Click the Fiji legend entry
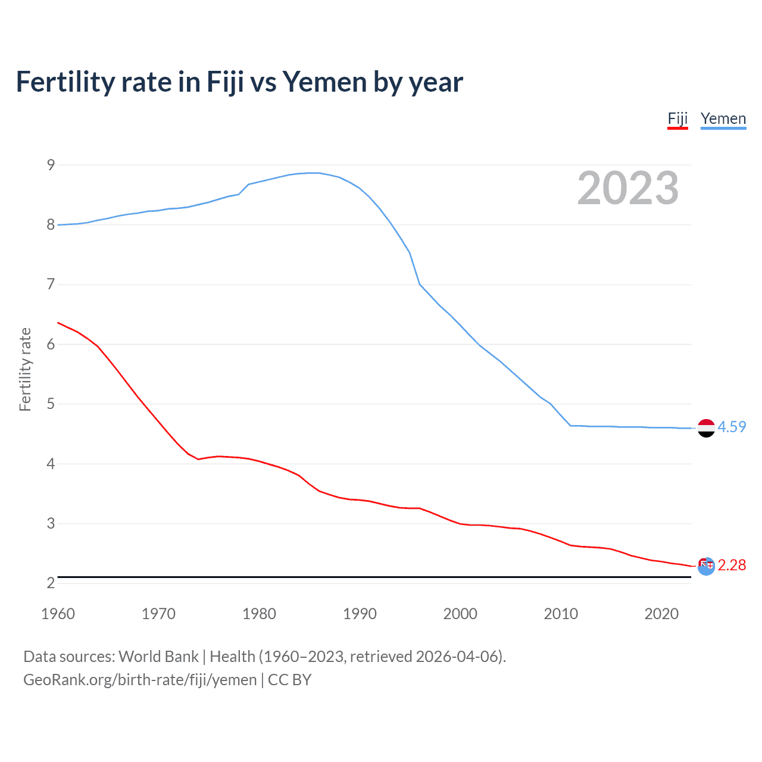pos(677,119)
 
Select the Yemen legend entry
pos(723,119)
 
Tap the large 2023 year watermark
pos(628,188)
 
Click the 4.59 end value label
pos(732,427)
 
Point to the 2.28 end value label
pos(732,565)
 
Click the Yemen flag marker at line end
pos(706,428)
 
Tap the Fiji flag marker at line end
pos(706,566)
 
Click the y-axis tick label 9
pos(51,165)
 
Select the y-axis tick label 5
pos(51,404)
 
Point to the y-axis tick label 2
pos(51,583)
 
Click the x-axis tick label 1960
pos(58,614)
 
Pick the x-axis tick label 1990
pos(360,614)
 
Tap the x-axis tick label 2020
pos(661,614)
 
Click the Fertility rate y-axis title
pos(25,369)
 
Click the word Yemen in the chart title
pos(324,82)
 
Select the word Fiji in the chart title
pos(225,82)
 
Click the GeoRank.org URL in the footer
pos(140,680)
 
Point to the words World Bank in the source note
pos(158,657)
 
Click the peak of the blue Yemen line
pos(314,173)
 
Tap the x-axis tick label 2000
pos(460,614)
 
